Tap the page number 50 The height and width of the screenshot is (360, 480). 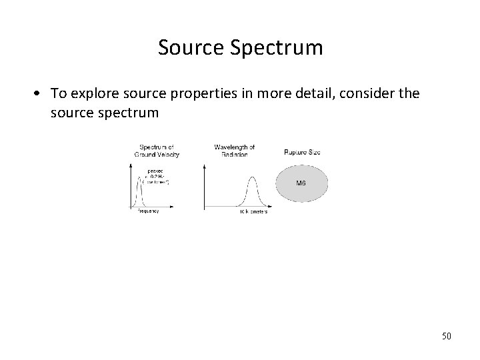coord(445,335)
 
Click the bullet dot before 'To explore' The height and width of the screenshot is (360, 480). coord(41,93)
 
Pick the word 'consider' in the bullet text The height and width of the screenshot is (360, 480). coord(360,93)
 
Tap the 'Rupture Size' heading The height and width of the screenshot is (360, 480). coord(302,152)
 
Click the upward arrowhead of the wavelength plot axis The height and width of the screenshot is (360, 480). coord(205,163)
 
